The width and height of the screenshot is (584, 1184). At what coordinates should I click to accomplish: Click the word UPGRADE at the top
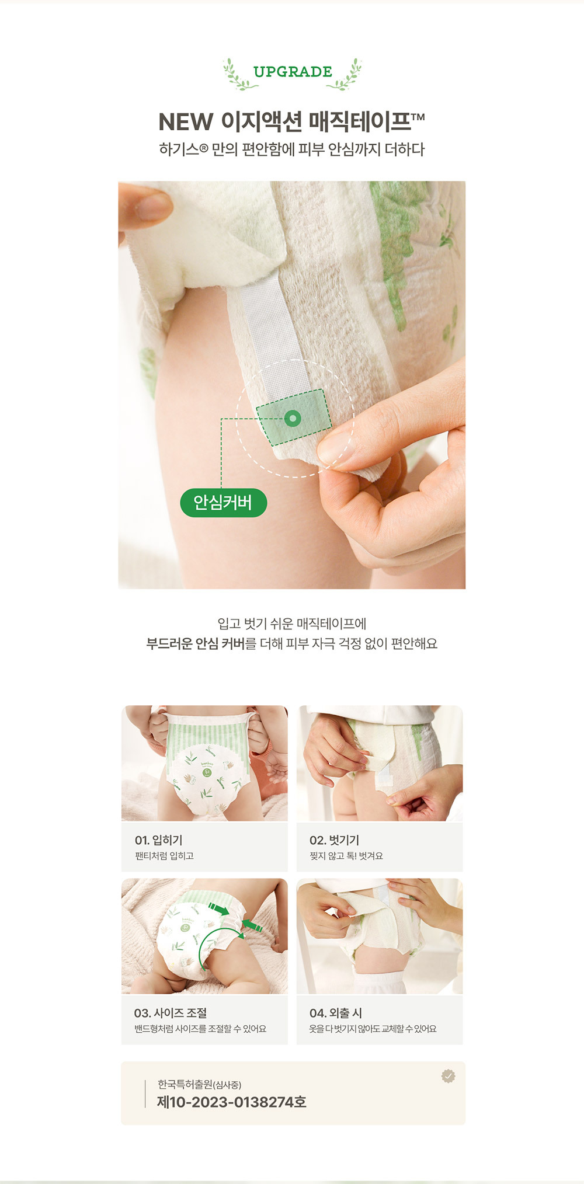[293, 72]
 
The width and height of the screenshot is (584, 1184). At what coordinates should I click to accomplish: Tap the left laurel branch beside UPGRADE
[239, 74]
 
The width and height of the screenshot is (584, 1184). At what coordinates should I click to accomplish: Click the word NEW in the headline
[186, 122]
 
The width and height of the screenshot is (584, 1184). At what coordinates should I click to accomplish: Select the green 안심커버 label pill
[223, 503]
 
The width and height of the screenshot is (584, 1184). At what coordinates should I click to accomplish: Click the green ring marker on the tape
[293, 418]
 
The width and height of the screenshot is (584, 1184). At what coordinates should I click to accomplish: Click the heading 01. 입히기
[159, 840]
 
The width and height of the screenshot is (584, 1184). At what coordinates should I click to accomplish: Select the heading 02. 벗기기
[334, 840]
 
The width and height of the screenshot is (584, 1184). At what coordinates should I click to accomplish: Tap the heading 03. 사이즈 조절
[171, 1013]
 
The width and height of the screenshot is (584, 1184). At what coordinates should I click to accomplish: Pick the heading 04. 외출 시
[336, 1013]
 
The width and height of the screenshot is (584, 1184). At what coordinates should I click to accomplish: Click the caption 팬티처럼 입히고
[164, 856]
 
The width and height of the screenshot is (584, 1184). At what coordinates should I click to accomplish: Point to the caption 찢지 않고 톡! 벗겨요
[346, 856]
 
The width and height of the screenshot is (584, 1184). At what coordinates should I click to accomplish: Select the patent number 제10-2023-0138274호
[232, 1102]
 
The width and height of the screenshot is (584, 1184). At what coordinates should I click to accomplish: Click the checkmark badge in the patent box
[448, 1076]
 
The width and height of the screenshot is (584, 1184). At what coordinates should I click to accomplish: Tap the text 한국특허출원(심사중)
[199, 1085]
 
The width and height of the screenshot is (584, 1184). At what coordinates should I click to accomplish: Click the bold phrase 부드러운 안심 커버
[195, 644]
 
